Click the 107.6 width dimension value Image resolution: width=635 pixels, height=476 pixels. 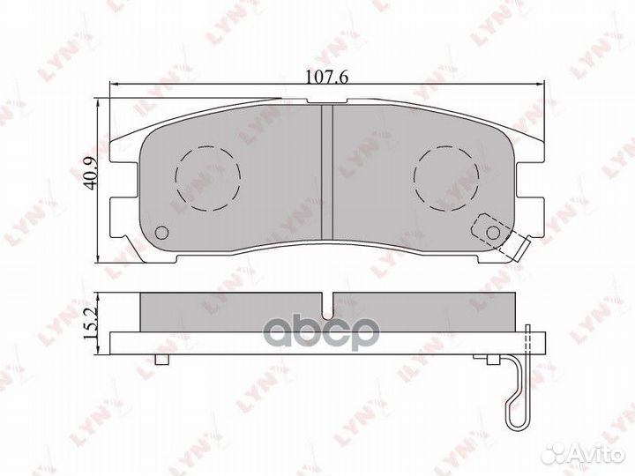pos(326,76)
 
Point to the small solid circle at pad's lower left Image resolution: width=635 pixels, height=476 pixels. pos(161,234)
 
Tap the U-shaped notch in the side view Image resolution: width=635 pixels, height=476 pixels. pos(326,307)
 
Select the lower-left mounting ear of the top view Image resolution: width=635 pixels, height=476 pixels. pos(123,220)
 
